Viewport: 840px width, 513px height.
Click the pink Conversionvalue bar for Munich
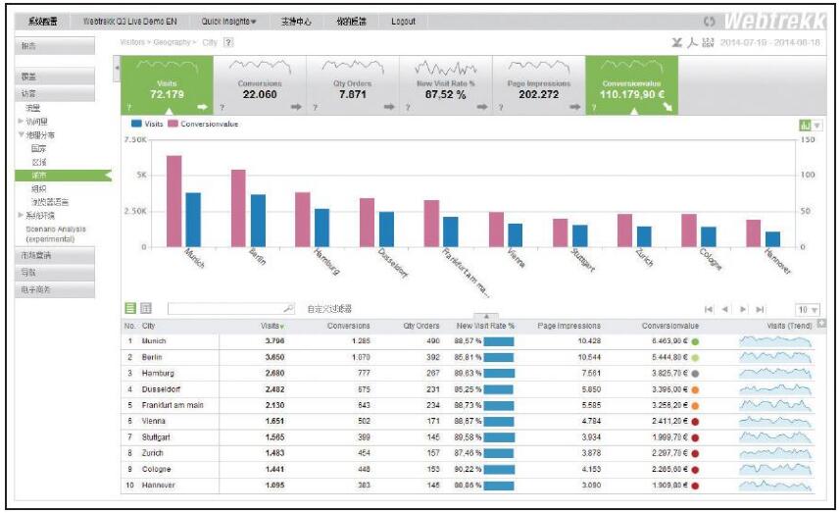tap(173, 201)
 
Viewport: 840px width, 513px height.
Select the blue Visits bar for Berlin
tap(258, 221)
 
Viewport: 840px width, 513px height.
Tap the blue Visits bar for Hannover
tap(772, 239)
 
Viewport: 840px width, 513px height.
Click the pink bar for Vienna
tap(497, 230)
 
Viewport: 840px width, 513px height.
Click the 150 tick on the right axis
tap(808, 140)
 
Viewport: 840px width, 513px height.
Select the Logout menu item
tap(403, 22)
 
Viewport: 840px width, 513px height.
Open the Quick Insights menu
tap(228, 22)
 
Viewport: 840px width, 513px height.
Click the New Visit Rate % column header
tap(485, 326)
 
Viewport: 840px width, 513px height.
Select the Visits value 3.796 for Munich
tap(273, 341)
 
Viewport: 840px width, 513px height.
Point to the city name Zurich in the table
tap(153, 454)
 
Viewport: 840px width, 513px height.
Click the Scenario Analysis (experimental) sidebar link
tap(56, 233)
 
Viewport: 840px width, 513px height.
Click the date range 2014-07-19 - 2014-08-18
tap(769, 43)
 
